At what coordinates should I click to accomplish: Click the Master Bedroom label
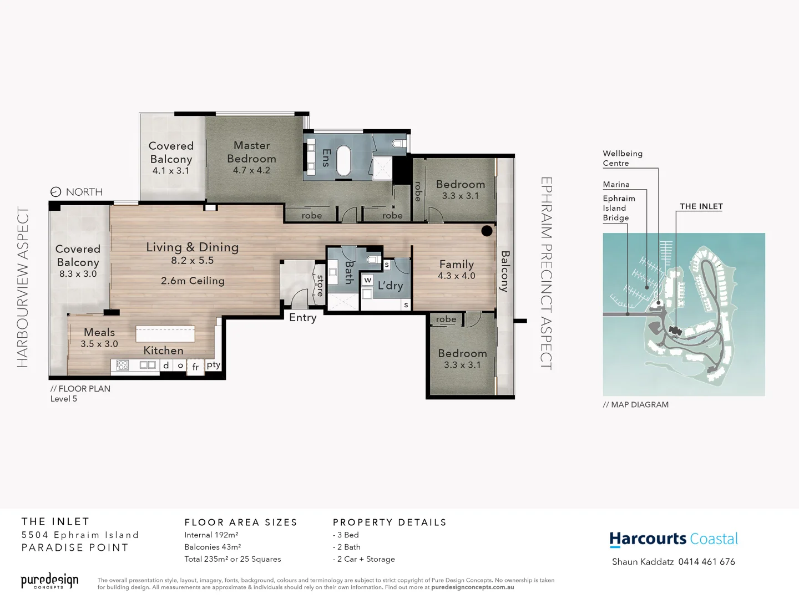click(x=251, y=152)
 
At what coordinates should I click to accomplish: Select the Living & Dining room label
click(x=192, y=247)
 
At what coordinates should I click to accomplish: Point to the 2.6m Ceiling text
click(x=193, y=281)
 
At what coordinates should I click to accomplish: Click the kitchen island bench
click(x=165, y=334)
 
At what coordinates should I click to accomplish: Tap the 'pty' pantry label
click(x=213, y=365)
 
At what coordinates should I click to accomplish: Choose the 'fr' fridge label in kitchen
click(x=195, y=367)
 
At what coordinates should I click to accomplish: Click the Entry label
click(x=302, y=318)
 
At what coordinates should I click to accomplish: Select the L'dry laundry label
click(x=390, y=286)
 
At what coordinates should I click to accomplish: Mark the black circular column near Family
click(x=487, y=231)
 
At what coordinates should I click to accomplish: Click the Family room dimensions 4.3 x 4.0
click(x=456, y=276)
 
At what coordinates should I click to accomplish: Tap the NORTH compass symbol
click(x=55, y=192)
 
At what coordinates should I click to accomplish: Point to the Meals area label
click(x=99, y=332)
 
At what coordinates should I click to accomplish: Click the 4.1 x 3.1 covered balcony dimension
click(x=171, y=171)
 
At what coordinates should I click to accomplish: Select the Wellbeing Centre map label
click(x=622, y=158)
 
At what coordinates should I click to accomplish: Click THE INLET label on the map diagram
click(x=701, y=206)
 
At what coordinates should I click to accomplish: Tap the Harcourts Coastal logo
click(x=673, y=539)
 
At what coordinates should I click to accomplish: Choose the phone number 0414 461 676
click(x=706, y=562)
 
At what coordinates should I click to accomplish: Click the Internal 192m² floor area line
click(x=211, y=535)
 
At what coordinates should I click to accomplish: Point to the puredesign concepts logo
click(x=49, y=581)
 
